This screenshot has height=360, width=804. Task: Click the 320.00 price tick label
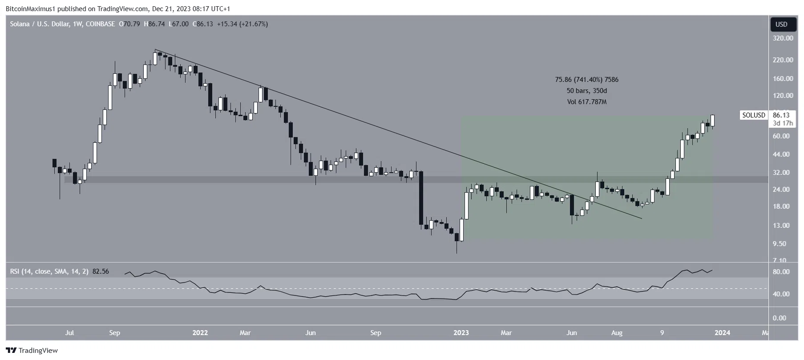783,38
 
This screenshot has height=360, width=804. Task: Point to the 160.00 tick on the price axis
783,79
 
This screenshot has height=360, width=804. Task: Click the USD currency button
781,24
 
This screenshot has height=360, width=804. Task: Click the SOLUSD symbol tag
753,115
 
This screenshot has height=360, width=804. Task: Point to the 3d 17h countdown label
783,123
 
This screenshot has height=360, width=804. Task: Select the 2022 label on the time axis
200,333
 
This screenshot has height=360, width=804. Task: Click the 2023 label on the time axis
461,333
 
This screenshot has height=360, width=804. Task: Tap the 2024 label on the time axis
722,333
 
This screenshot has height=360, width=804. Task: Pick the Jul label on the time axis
69,333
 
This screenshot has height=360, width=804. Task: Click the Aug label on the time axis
617,333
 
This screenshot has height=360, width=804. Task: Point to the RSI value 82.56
101,271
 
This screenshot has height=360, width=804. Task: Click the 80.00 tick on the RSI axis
781,272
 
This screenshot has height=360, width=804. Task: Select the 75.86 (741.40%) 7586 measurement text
586,80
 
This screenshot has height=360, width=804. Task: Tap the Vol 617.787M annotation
586,102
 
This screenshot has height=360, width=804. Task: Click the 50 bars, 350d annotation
586,91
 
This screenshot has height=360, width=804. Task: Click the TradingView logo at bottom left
32,351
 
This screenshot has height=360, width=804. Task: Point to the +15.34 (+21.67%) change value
242,24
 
